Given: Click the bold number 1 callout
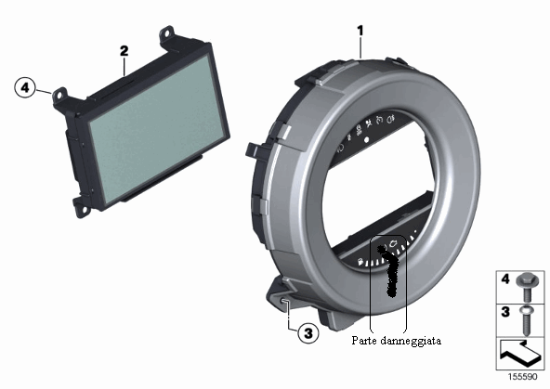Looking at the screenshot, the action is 360,31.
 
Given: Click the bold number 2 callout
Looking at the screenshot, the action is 124,51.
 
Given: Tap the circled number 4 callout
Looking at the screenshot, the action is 25,87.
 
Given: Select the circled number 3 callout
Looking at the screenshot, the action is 308,332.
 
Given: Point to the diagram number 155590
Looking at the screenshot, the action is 523,377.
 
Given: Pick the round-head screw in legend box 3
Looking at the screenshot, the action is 526,320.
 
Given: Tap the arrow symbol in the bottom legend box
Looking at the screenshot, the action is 519,354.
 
